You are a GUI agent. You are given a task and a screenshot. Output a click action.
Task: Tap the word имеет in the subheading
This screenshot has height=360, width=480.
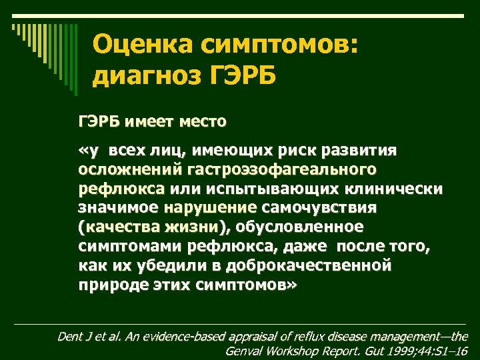[x=152, y=122]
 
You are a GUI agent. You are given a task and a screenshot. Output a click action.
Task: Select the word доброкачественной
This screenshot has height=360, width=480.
[x=309, y=266]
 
